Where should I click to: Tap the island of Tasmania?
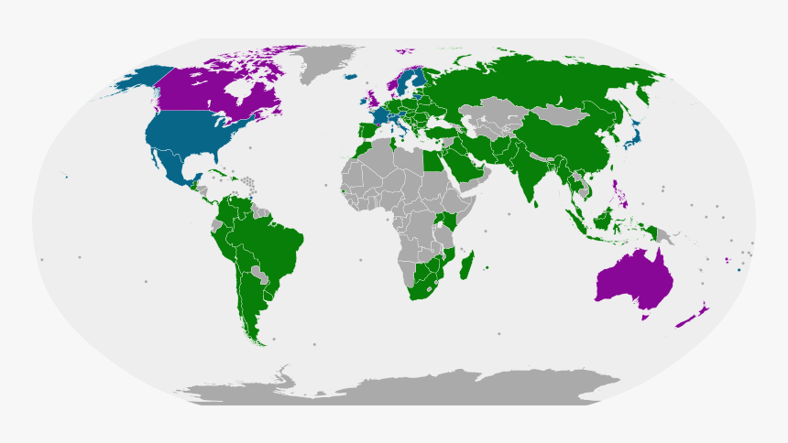[x=646, y=317]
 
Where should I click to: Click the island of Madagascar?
[x=468, y=266]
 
